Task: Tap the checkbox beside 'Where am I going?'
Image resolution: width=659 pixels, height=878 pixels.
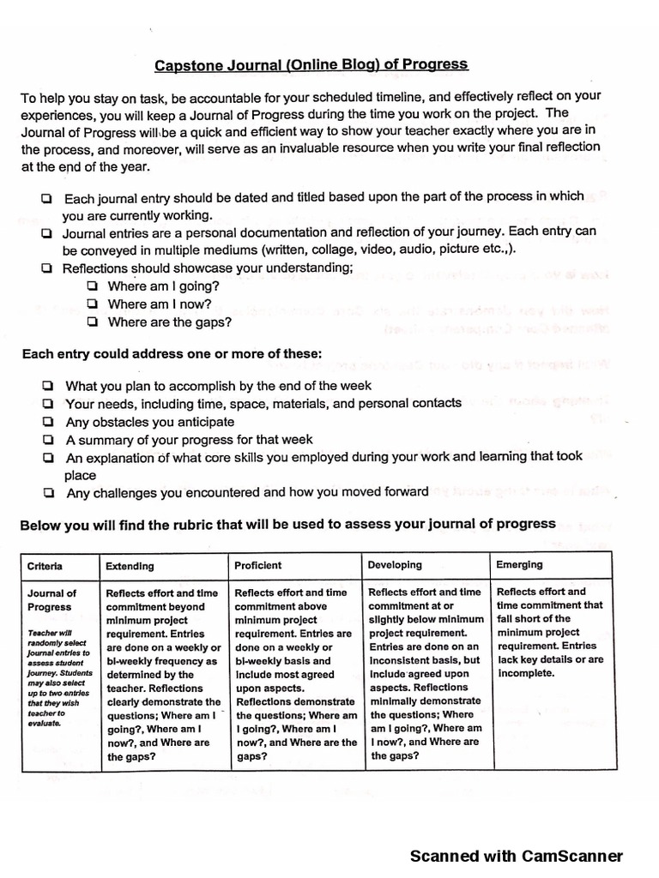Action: pos(92,286)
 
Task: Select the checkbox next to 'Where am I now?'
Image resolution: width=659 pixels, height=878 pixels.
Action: pos(92,304)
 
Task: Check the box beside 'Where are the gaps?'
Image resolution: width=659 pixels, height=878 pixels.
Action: pos(92,322)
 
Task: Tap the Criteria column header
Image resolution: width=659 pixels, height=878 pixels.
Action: pos(45,566)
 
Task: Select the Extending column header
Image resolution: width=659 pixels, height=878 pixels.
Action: pos(130,566)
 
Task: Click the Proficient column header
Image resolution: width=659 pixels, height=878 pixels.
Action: pos(257,566)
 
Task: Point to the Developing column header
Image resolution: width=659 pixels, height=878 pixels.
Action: pos(395,565)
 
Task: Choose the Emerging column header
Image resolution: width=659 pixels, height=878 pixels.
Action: pos(519,564)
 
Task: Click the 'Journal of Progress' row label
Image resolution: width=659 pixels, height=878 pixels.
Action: pos(51,599)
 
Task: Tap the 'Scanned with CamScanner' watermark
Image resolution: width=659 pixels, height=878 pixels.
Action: pos(516,856)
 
